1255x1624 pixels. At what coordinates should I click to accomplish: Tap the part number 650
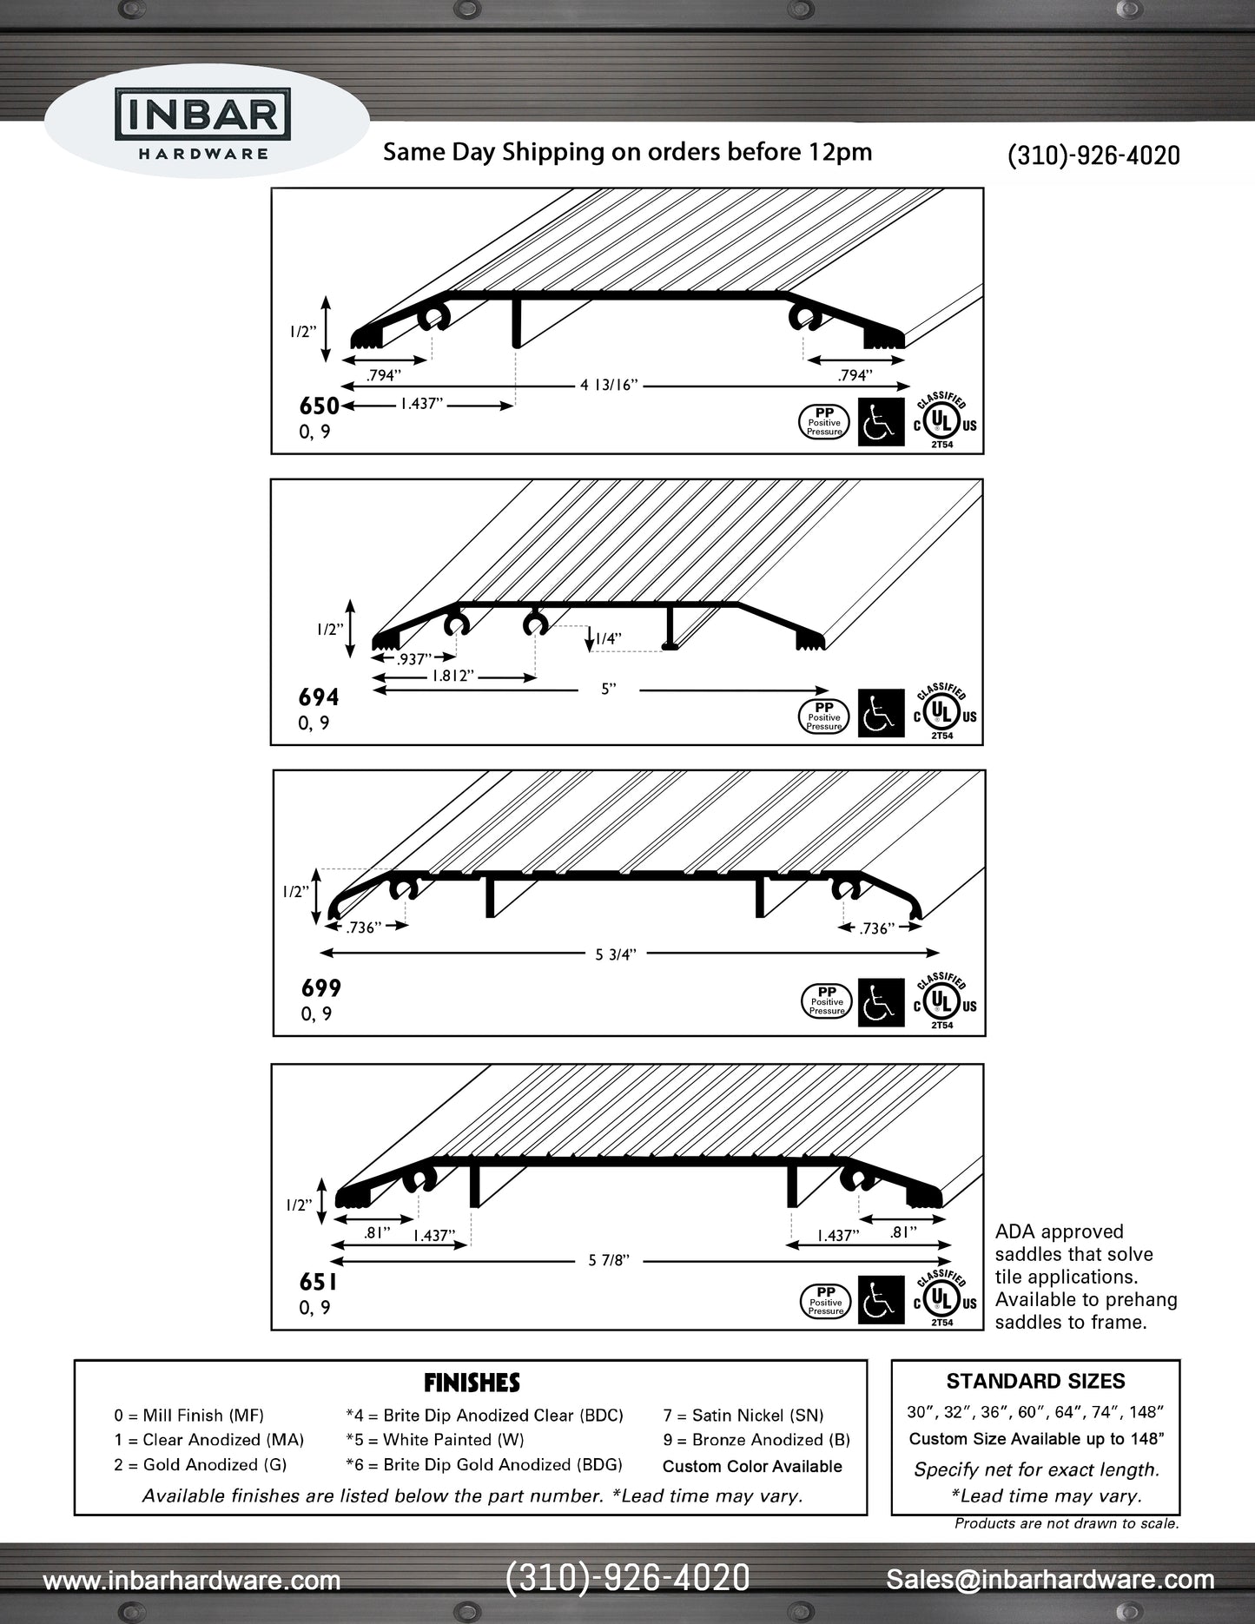pyautogui.click(x=319, y=406)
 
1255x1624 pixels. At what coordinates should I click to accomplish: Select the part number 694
pyautogui.click(x=319, y=697)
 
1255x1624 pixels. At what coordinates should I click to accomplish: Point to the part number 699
pyautogui.click(x=321, y=988)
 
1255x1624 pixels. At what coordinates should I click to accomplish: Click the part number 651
pyautogui.click(x=318, y=1282)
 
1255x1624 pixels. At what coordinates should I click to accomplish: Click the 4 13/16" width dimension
pyautogui.click(x=609, y=385)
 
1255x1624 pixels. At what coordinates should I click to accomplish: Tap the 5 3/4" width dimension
pyautogui.click(x=616, y=954)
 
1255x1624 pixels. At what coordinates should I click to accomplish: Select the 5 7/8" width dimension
pyautogui.click(x=609, y=1260)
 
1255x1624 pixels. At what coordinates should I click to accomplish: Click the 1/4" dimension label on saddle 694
pyautogui.click(x=608, y=639)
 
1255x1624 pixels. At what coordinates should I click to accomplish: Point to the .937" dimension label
pyautogui.click(x=413, y=659)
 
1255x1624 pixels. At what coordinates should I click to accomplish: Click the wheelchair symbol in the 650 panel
pyautogui.click(x=881, y=423)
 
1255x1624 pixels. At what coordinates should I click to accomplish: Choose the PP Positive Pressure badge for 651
pyautogui.click(x=826, y=1301)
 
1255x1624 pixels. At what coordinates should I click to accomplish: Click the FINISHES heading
pyautogui.click(x=472, y=1383)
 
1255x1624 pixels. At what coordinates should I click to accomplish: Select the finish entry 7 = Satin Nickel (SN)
pyautogui.click(x=743, y=1416)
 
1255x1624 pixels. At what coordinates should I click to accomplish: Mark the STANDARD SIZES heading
pyautogui.click(x=1035, y=1382)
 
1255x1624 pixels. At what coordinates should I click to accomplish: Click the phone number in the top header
pyautogui.click(x=1093, y=155)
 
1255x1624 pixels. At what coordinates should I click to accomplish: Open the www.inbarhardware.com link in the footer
pyautogui.click(x=192, y=1581)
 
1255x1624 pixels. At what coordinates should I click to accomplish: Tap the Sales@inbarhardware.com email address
pyautogui.click(x=1050, y=1580)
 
